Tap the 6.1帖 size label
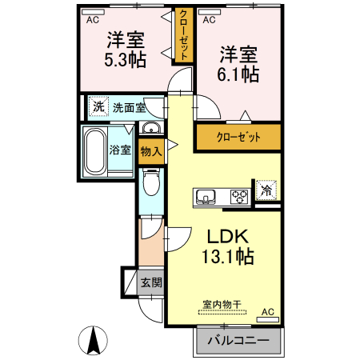238,74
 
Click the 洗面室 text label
128,107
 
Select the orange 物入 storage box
150,150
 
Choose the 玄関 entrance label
150,282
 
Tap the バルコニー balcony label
239,341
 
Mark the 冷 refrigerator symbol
265,191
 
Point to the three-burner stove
239,195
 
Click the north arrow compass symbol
93,342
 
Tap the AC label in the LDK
267,311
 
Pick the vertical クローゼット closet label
184,35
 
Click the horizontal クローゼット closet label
239,138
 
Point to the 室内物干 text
224,306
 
